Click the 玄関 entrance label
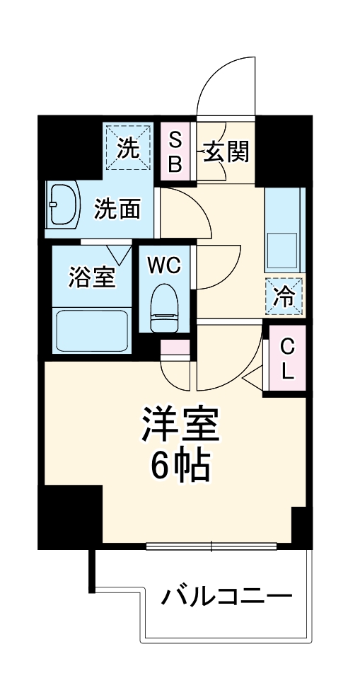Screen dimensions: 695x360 [226, 151]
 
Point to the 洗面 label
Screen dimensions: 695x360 [117, 209]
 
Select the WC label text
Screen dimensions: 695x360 [165, 265]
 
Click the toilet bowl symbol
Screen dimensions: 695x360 [166, 304]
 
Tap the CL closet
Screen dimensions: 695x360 [287, 358]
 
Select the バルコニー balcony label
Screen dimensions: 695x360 [226, 596]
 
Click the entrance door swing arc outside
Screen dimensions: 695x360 [226, 81]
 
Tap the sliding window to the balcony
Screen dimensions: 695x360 [212, 546]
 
